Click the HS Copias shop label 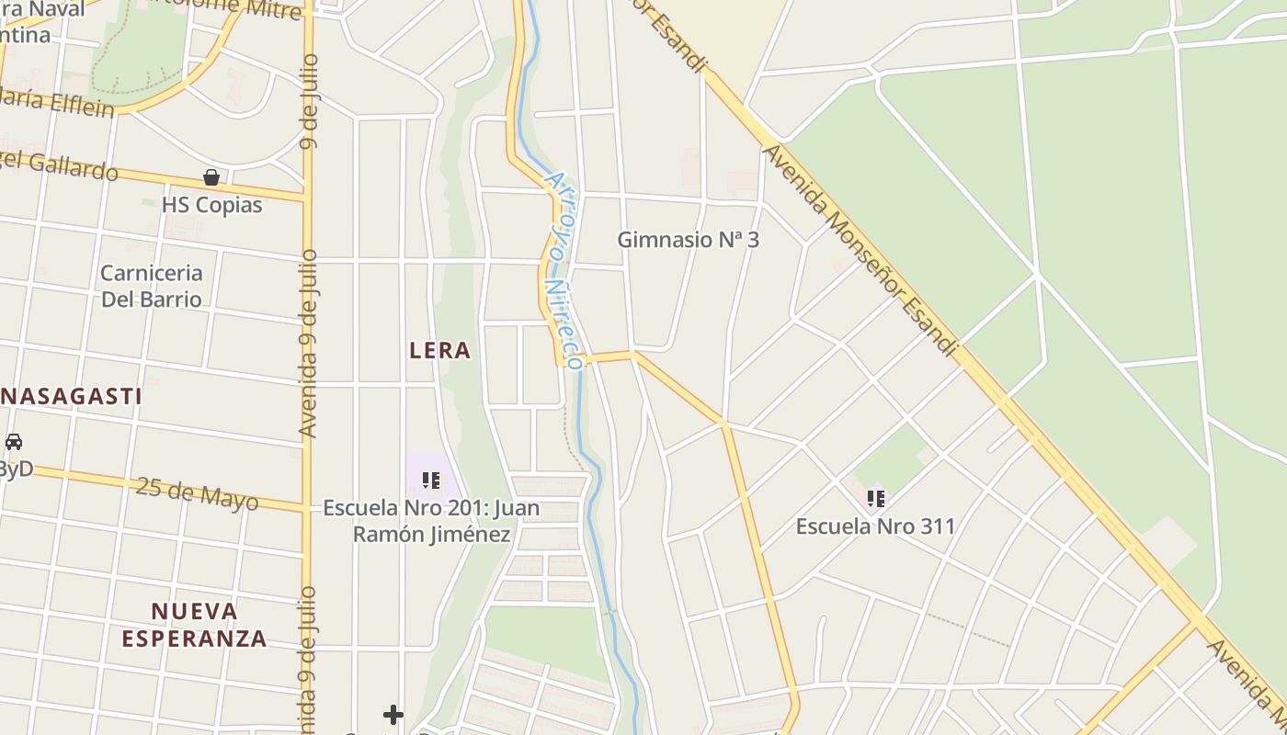(x=211, y=205)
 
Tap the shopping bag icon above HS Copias (x=211, y=177)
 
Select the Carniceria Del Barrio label (x=151, y=286)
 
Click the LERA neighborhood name (x=439, y=350)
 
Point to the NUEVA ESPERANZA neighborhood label (x=194, y=625)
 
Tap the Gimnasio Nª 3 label (x=688, y=240)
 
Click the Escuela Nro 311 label (x=875, y=526)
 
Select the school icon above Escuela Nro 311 (x=875, y=499)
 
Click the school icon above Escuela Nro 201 (x=430, y=480)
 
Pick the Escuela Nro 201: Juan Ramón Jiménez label (x=431, y=521)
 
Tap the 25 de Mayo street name (x=197, y=493)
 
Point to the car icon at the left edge (x=13, y=442)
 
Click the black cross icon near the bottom (x=393, y=714)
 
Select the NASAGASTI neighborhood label (x=71, y=397)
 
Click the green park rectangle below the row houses (x=546, y=639)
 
